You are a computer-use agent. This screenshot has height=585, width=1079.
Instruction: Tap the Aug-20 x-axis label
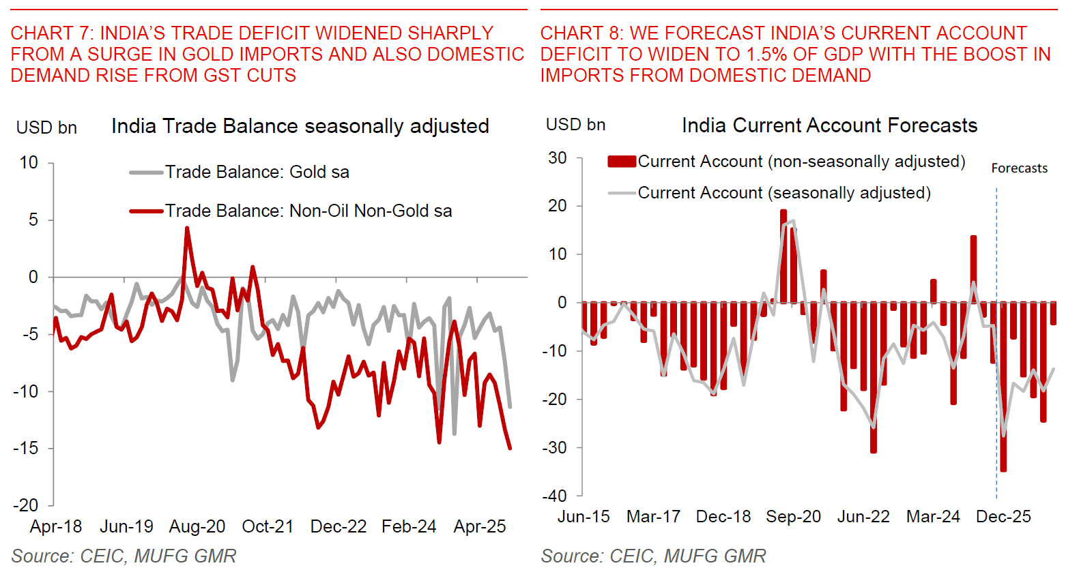pyautogui.click(x=197, y=526)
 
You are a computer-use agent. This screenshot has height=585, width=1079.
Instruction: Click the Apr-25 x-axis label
pyautogui.click(x=480, y=526)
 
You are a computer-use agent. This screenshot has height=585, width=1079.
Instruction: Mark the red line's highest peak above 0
pyautogui.click(x=187, y=229)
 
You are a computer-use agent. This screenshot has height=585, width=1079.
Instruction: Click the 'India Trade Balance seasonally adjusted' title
pyautogui.click(x=300, y=126)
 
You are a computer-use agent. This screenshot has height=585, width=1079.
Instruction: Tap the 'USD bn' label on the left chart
pyautogui.click(x=46, y=127)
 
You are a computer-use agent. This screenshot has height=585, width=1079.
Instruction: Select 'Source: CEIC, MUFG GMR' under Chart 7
pyautogui.click(x=124, y=556)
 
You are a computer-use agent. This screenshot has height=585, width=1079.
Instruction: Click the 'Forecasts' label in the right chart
pyautogui.click(x=1019, y=168)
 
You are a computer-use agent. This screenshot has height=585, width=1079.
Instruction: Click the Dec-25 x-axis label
pyautogui.click(x=1003, y=517)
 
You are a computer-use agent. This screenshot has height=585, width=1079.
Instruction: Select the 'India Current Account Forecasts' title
pyautogui.click(x=829, y=125)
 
